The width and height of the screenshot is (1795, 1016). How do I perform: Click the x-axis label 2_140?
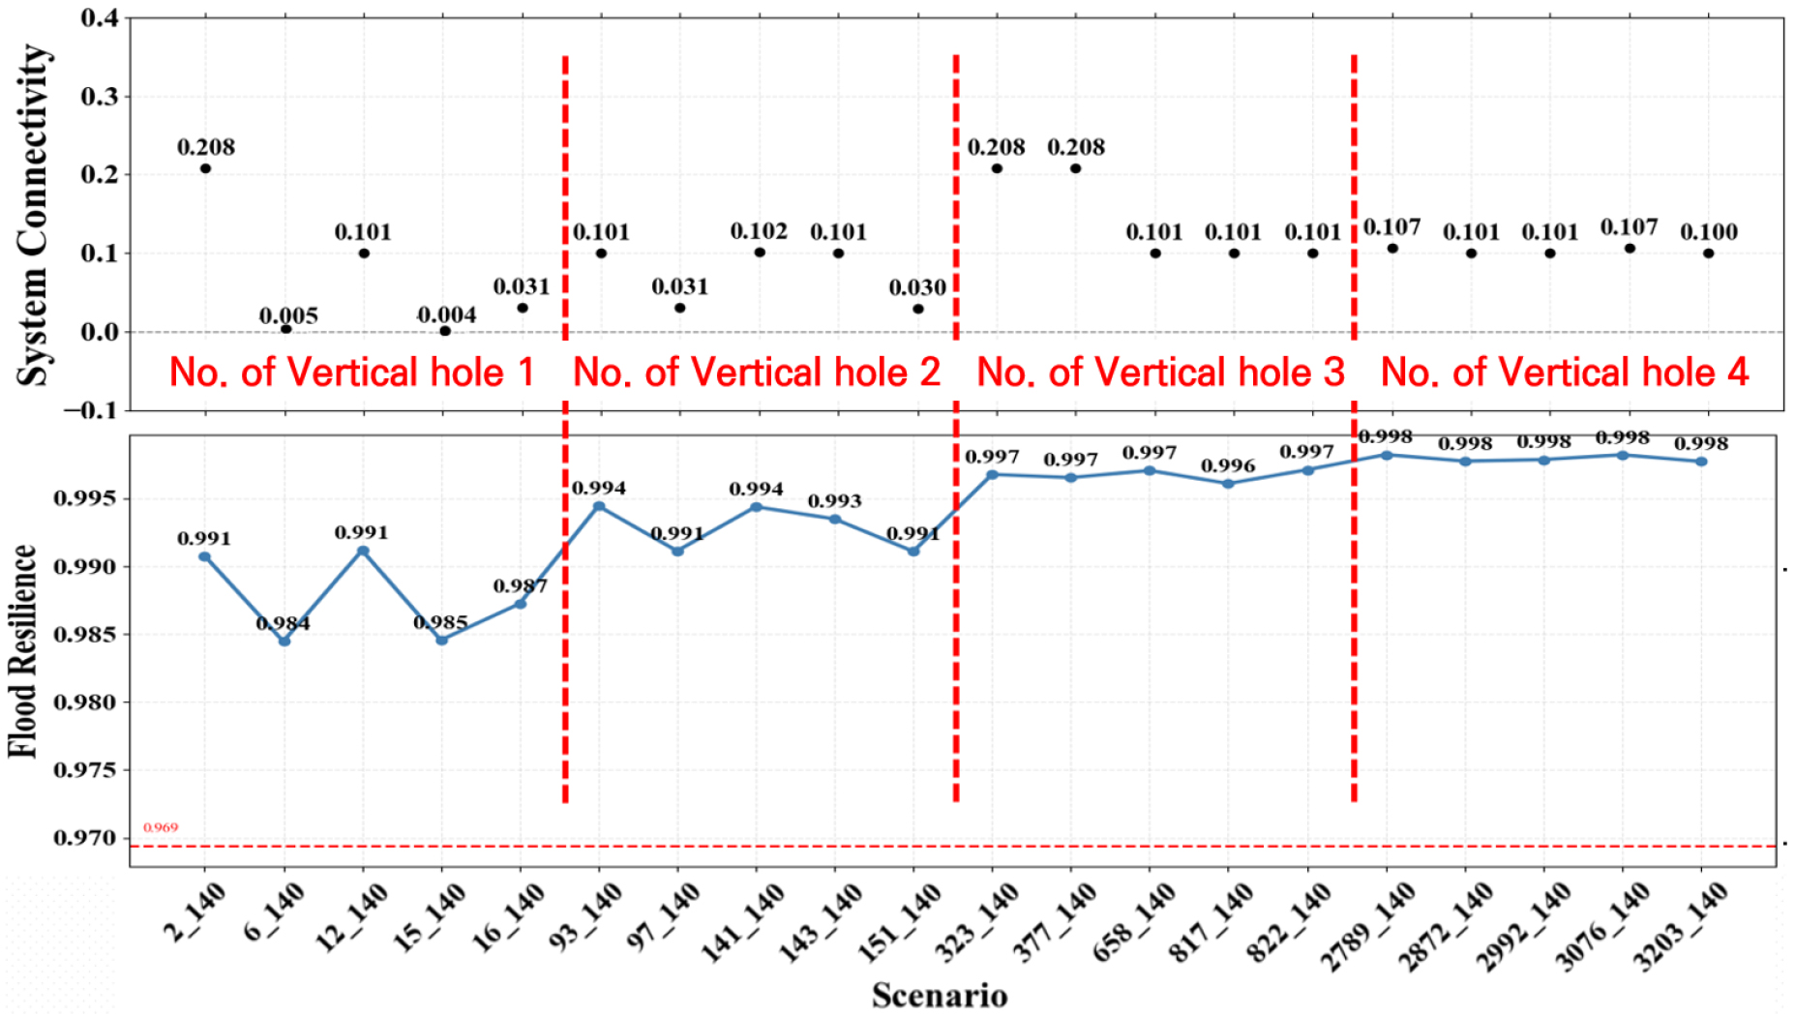point(194,913)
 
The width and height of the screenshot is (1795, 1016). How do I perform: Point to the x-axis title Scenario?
point(940,996)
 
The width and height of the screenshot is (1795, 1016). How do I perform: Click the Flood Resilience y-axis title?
point(22,650)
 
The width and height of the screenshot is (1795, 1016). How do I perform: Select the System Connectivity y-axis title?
point(34,215)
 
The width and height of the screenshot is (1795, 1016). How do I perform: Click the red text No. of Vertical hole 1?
point(352,373)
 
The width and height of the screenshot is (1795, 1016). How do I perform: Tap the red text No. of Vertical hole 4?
point(1565,373)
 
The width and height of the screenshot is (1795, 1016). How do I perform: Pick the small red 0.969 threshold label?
point(161,827)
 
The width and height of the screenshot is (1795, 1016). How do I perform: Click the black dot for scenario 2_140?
point(205,168)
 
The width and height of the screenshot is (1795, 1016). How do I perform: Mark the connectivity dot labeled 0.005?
point(285,329)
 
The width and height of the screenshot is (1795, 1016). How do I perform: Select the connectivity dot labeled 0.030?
point(917,309)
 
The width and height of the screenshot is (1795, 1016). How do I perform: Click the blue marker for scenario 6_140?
point(284,641)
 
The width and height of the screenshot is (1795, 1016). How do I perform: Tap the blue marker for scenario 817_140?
point(1228,484)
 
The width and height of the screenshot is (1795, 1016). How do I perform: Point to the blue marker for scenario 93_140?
point(599,506)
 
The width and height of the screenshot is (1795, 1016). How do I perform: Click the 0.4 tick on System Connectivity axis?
point(100,18)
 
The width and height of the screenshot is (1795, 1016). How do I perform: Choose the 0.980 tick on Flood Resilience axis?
point(84,702)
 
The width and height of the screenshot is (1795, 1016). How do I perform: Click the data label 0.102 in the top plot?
point(759,232)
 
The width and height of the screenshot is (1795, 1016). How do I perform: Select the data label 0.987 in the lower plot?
point(521,586)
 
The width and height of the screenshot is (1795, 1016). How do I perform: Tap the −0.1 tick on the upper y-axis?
point(90,410)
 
